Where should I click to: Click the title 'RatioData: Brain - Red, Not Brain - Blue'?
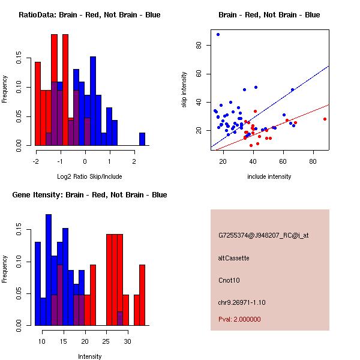pyautogui.click(x=89, y=15)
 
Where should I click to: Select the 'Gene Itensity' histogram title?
pyautogui.click(x=89, y=195)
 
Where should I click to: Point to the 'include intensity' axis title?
pyautogui.click(x=269, y=176)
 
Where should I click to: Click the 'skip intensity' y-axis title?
pyautogui.click(x=185, y=90)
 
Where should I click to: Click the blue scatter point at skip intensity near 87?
pyautogui.click(x=218, y=34)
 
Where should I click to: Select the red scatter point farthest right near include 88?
pyautogui.click(x=325, y=119)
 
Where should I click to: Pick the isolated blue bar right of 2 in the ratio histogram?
pyautogui.click(x=142, y=139)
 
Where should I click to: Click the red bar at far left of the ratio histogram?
pyautogui.click(x=37, y=103)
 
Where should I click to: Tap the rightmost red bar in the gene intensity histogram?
pyautogui.click(x=142, y=295)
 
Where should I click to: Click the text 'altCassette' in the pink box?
pyautogui.click(x=233, y=258)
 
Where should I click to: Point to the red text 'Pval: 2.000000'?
pyautogui.click(x=239, y=319)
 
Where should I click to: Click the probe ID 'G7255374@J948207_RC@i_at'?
pyautogui.click(x=263, y=236)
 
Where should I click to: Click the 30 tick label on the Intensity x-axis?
pyautogui.click(x=127, y=341)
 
